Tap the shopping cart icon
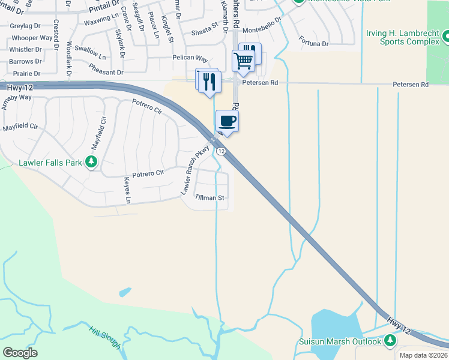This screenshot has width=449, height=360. coord(243,61)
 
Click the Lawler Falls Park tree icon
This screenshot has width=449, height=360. coord(91,161)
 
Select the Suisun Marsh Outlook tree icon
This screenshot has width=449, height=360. coord(390,341)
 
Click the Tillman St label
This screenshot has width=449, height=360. coord(209,197)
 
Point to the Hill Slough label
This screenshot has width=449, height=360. coord(105,337)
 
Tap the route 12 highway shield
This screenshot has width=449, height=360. coord(221,151)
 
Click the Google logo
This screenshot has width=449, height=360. coord(20,352)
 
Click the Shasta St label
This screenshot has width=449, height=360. coord(205,29)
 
